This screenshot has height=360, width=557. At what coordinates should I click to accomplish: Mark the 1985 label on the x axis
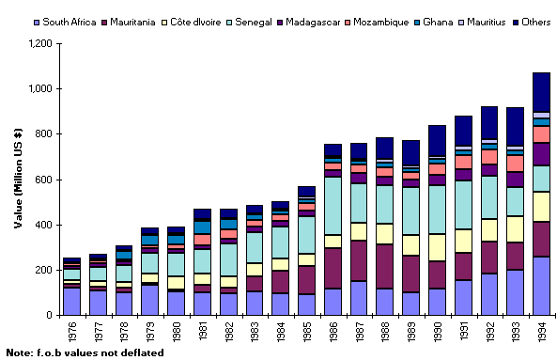pyautogui.click(x=307, y=332)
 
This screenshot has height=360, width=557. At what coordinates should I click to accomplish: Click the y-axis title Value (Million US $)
pyautogui.click(x=18, y=180)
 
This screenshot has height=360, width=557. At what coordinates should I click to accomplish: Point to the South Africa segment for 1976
pyautogui.click(x=72, y=301)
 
